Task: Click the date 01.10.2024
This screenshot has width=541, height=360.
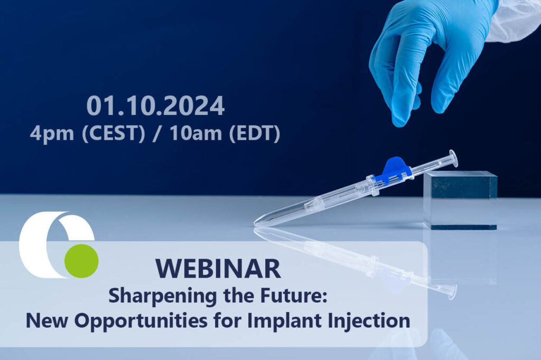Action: point(156,106)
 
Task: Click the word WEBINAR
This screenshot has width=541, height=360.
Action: point(219,268)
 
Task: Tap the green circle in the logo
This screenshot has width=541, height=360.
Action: point(81,260)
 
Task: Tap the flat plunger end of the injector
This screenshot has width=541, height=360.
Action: point(453,157)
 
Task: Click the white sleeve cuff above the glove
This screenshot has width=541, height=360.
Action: point(515,18)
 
